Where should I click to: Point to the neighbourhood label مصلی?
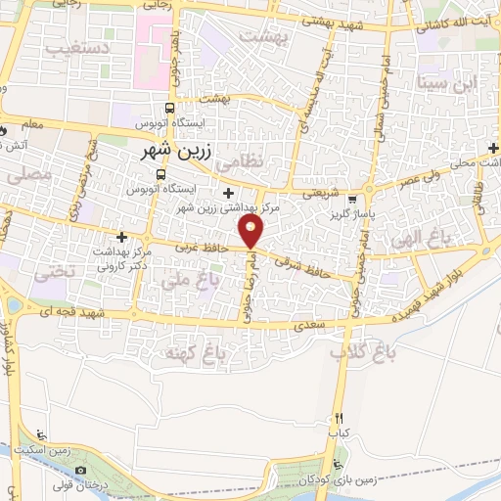(26, 177)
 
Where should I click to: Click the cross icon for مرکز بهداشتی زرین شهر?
(228, 192)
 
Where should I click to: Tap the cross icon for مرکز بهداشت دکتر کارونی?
(121, 237)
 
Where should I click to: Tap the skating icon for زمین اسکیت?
(38, 434)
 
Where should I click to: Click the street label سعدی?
(310, 321)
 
